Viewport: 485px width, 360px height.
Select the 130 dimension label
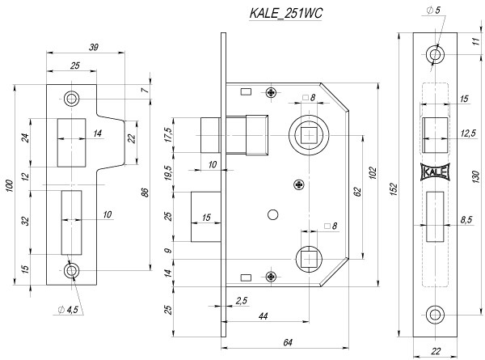click(x=476, y=175)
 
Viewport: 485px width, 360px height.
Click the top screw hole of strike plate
click(x=73, y=99)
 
